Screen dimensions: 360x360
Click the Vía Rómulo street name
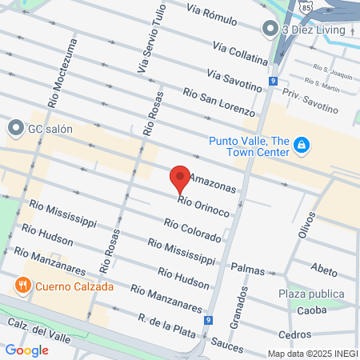pyautogui.click(x=212, y=14)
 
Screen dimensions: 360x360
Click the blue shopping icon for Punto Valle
pyautogui.click(x=302, y=145)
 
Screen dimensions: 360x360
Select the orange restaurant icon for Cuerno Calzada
pyautogui.click(x=23, y=285)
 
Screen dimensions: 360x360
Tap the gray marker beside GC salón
pyautogui.click(x=15, y=127)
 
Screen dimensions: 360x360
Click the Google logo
pyautogui.click(x=26, y=350)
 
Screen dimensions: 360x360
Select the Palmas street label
pyautogui.click(x=247, y=270)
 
